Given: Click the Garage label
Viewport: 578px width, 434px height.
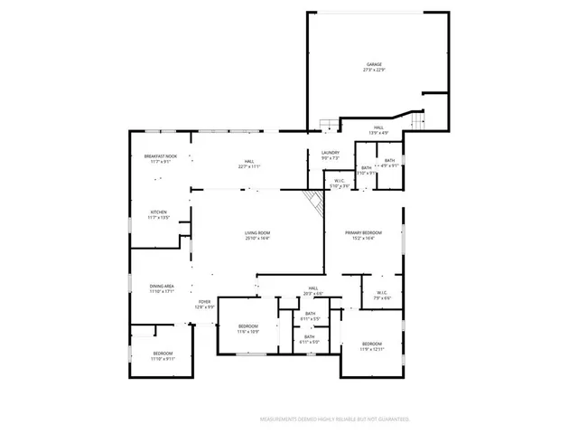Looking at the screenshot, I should pos(374,67).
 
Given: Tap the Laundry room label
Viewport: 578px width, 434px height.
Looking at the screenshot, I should pos(331,156).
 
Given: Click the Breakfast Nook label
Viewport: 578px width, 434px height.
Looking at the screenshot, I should pos(160,159).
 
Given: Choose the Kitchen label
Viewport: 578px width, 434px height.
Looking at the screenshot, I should pos(158,215).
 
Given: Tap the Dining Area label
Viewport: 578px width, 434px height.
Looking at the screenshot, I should pos(162,288).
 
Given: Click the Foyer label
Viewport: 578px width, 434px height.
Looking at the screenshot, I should pos(204,305).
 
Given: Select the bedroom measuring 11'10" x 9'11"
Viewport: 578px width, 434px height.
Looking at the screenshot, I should pos(162,355).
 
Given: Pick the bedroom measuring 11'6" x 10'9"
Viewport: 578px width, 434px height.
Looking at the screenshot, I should pos(248,328).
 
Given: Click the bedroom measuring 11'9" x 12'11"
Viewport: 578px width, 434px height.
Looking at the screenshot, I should pos(372,346).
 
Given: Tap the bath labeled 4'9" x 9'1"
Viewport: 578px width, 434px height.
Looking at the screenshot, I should pos(389,163).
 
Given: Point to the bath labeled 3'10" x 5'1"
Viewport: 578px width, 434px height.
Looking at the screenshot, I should pos(367,170).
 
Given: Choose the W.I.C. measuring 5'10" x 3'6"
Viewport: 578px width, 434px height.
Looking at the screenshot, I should pos(338,184).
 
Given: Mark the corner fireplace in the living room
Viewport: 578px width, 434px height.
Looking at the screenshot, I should pos(314,201).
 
